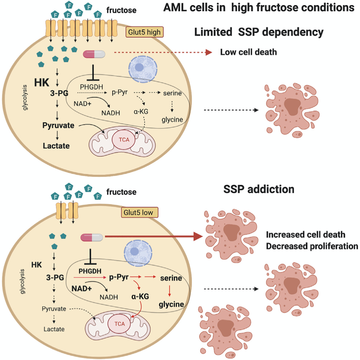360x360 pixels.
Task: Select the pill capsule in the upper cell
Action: pos(94,54)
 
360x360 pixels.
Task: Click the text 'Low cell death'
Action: pos(249,52)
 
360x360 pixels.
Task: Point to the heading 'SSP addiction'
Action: pos(259,189)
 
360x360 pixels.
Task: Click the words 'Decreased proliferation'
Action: pos(312,247)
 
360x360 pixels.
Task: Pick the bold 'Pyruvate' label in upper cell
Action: pos(59,125)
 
